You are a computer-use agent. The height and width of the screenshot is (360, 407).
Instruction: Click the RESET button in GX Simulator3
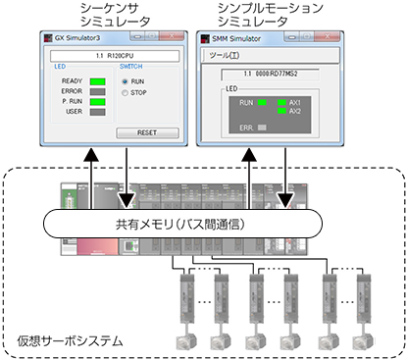[x=147, y=132]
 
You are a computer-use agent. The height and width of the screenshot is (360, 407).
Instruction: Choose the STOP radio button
[x=126, y=93]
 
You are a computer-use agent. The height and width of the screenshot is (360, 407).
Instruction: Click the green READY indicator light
[x=97, y=81]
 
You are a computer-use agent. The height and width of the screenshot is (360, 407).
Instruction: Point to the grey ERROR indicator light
[x=97, y=91]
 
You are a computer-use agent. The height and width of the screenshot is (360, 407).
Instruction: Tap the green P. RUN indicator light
[x=97, y=101]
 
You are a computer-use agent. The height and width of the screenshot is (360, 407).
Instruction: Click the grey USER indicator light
[x=97, y=112]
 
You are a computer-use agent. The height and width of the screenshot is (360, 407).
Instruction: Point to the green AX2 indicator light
[x=282, y=111]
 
